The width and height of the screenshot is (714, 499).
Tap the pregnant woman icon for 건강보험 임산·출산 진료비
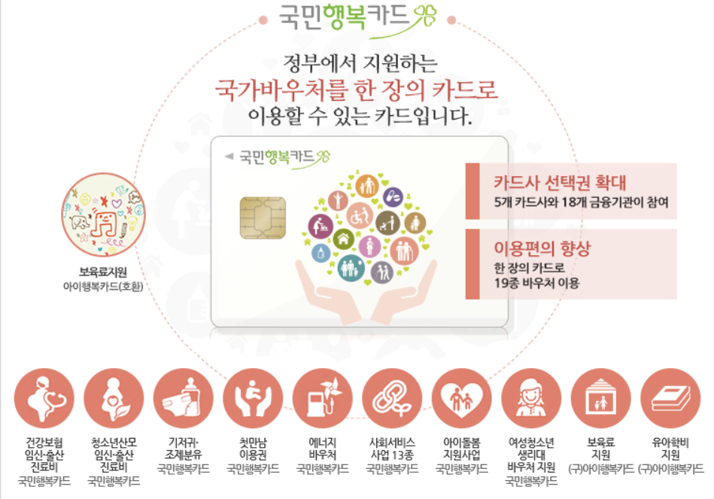[x=44, y=399]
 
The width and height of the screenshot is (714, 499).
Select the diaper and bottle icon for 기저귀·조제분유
[x=184, y=399]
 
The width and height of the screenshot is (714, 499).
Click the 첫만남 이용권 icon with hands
[x=254, y=399]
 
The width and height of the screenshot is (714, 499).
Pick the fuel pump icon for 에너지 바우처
[x=323, y=399]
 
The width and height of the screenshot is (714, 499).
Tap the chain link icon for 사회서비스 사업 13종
[x=392, y=399]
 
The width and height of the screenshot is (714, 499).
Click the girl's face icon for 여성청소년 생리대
[x=531, y=399]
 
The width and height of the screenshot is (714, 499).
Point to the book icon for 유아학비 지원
[x=670, y=399]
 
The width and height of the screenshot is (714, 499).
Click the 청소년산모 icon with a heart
[x=114, y=399]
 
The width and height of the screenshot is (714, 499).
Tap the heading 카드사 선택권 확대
[x=560, y=183]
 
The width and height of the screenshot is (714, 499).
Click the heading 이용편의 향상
[x=542, y=249]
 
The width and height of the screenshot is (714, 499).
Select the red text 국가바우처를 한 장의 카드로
[x=357, y=90]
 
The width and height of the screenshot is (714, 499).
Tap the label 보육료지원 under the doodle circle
[x=104, y=272]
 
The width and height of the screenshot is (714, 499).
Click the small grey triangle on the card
[x=229, y=157]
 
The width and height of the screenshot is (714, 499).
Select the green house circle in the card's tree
[x=345, y=240]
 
